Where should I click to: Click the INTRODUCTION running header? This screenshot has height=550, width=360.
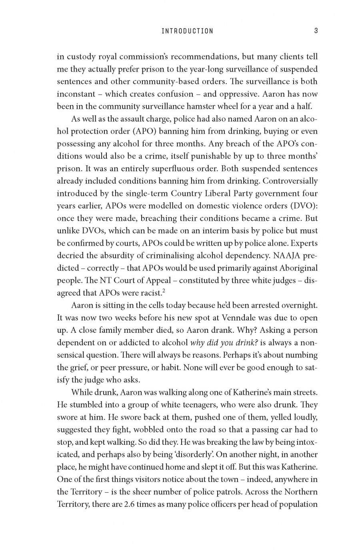pos(187,31)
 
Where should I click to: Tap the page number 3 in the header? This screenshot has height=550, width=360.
pos(316,31)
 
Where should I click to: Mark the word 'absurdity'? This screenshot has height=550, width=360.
pos(122,255)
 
